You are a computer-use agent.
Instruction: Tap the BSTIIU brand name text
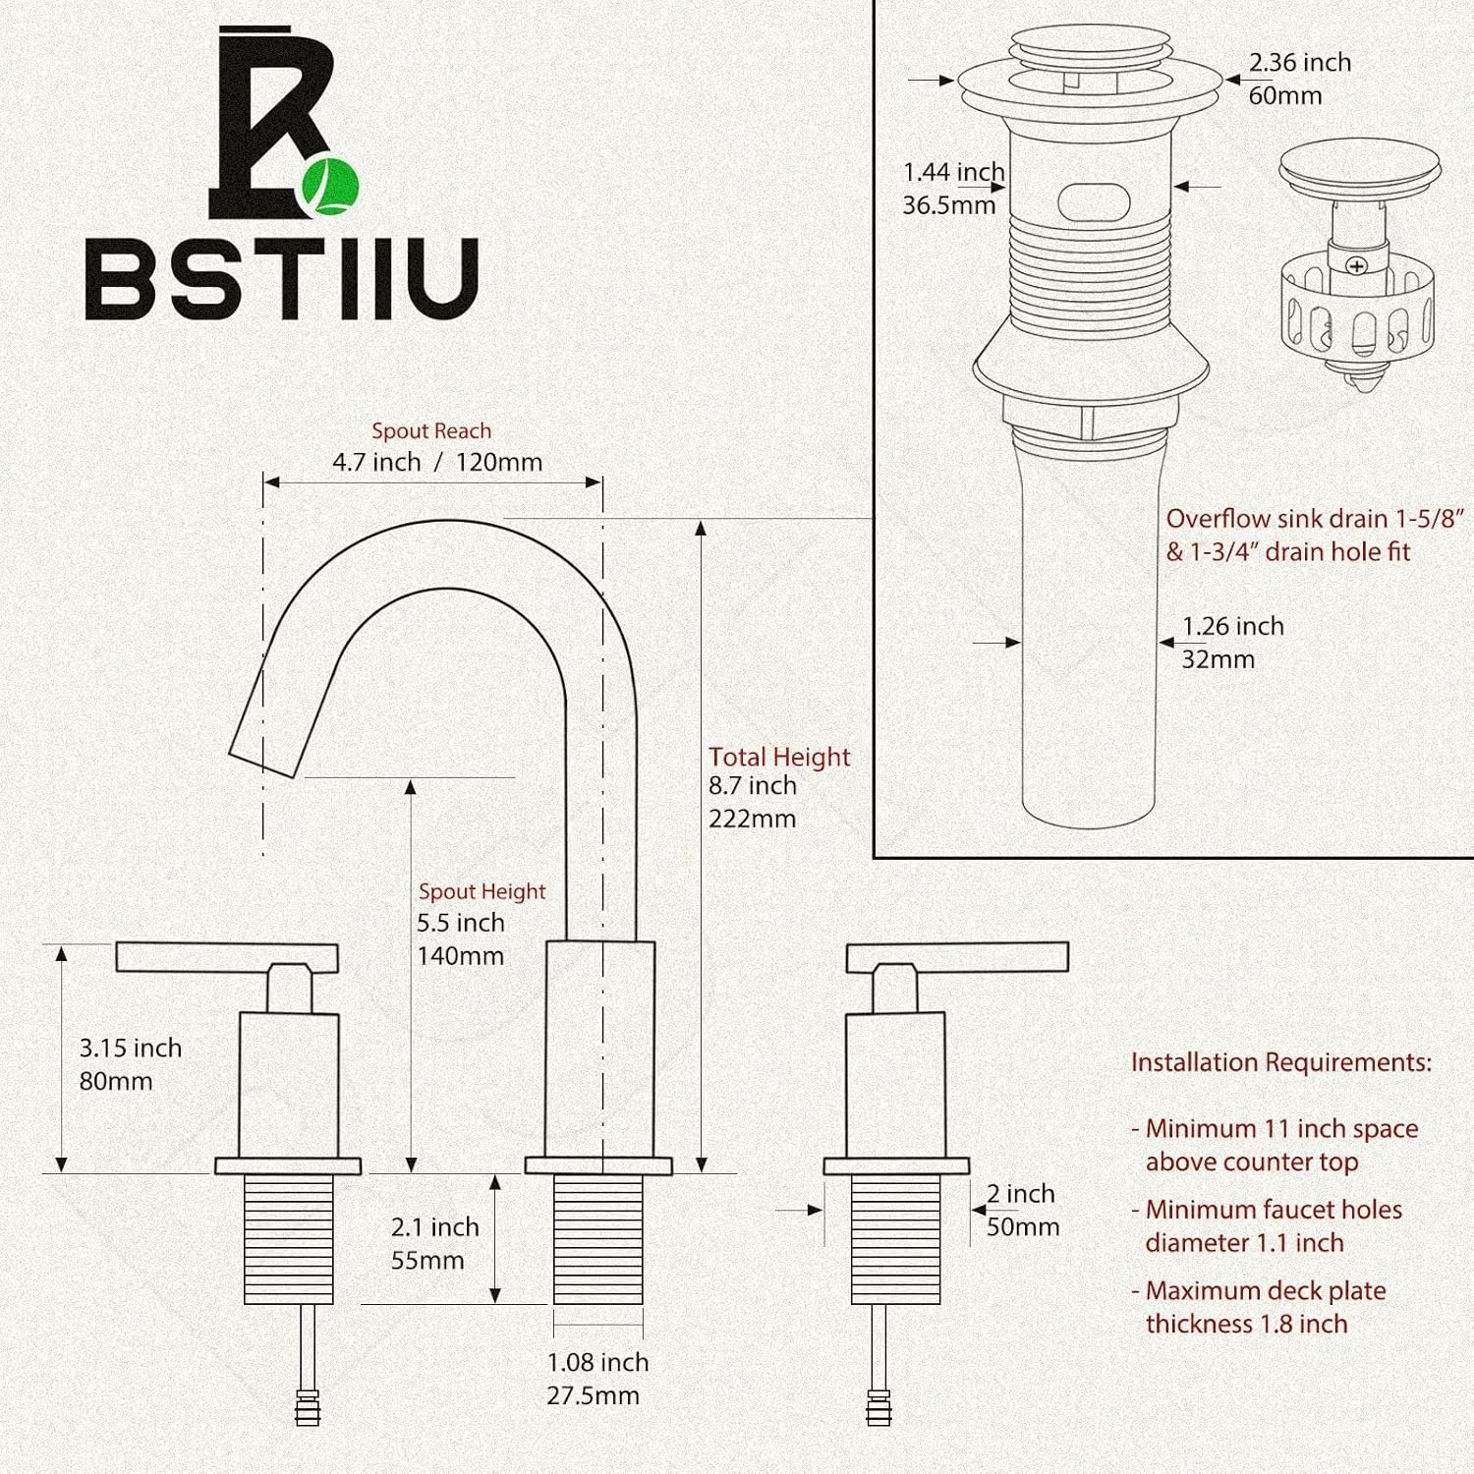point(282,279)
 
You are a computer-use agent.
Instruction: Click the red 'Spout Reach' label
point(431,430)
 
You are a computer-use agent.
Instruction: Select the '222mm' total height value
point(753,819)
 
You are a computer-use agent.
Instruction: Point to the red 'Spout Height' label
point(482,891)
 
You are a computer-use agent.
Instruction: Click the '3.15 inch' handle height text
point(131,1048)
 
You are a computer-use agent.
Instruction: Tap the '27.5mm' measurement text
point(594,1395)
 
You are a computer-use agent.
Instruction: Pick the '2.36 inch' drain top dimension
point(1300,62)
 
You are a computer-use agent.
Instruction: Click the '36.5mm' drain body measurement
point(949,205)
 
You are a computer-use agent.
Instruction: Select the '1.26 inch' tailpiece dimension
point(1233,626)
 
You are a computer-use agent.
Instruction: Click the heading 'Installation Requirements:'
point(1281,1062)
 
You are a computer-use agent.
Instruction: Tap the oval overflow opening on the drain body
point(1094,202)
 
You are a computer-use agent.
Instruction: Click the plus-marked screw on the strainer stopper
point(1357,266)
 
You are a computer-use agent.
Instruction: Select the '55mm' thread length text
point(427,1260)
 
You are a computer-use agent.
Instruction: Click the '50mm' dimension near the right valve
point(1023,1226)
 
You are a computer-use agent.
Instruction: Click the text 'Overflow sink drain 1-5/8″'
point(1315,519)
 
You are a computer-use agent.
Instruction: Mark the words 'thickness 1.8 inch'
point(1247,1324)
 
